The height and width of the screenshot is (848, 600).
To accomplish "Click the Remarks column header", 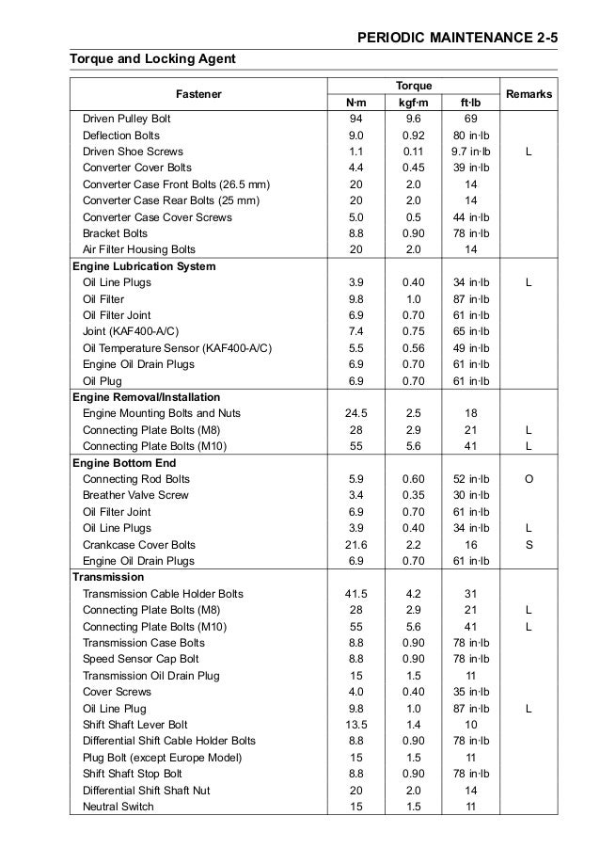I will tap(529, 93).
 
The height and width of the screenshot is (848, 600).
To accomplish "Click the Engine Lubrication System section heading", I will tap(144, 266).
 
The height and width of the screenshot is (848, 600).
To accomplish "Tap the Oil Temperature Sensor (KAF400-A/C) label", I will tap(178, 348).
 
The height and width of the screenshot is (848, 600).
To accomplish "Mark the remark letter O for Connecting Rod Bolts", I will tap(529, 479).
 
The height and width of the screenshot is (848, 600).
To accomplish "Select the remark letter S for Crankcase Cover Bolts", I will tap(529, 545).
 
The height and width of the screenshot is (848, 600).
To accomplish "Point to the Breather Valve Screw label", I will tap(135, 495).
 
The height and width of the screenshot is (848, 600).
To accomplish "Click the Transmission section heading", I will tap(108, 577).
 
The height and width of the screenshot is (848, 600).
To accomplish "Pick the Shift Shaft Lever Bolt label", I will tap(135, 725).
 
